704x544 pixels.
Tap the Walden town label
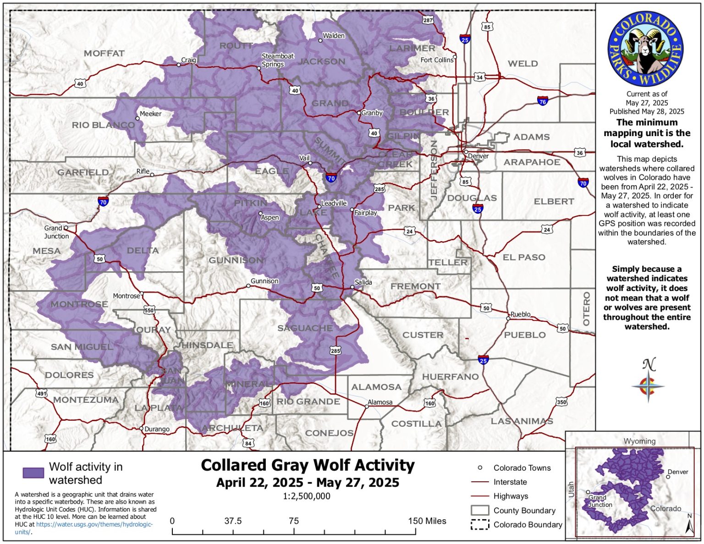(x=333, y=36)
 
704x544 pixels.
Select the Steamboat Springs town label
(x=277, y=60)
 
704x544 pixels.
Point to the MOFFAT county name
(x=104, y=54)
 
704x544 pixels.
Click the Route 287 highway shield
(x=428, y=20)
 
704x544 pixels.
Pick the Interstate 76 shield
(x=543, y=101)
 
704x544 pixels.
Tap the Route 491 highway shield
(x=42, y=393)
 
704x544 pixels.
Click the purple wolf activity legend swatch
(x=33, y=473)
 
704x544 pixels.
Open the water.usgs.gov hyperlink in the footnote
(x=94, y=524)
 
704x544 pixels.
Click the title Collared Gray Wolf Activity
(x=308, y=465)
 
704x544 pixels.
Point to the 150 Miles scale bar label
(x=427, y=521)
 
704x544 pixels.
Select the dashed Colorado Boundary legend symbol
(x=480, y=525)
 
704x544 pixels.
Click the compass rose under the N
(x=648, y=386)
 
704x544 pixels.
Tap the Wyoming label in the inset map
(x=639, y=441)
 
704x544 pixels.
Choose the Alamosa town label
(x=380, y=402)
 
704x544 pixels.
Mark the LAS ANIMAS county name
(x=522, y=421)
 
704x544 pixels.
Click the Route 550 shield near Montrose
(x=149, y=310)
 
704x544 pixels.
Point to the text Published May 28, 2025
(x=646, y=111)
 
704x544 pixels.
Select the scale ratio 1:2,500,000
(x=306, y=496)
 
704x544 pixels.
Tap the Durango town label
(x=157, y=429)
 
